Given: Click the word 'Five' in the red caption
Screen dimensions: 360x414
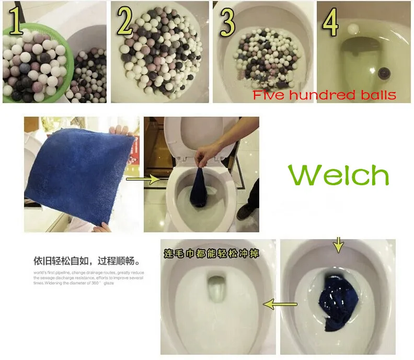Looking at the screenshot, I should [x=268, y=95].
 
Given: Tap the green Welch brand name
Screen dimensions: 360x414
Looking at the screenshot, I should [x=338, y=176].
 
